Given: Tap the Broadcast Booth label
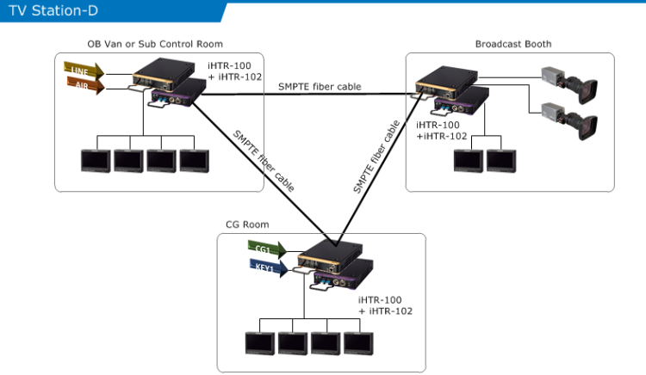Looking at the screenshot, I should [512, 44].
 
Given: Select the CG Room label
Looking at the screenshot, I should [247, 224].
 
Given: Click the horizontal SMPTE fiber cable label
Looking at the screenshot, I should [320, 87].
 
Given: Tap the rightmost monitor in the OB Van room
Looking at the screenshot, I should [194, 161].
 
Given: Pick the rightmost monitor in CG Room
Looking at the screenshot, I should [357, 341].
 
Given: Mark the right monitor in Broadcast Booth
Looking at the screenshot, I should [500, 161].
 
